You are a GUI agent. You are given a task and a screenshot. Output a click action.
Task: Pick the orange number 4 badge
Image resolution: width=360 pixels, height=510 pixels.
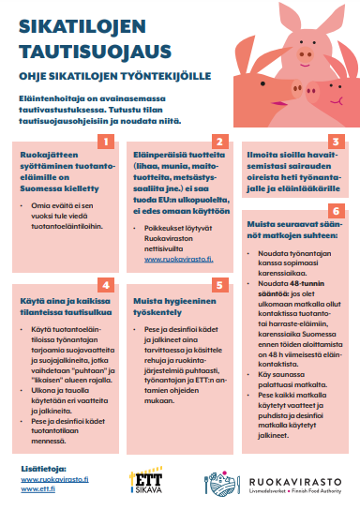tap(107, 284)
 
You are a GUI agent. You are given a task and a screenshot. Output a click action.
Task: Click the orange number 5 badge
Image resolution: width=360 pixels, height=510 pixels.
tap(219, 284)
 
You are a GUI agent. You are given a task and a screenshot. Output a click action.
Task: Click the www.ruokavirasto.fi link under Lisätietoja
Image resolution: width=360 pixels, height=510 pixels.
tap(53, 477)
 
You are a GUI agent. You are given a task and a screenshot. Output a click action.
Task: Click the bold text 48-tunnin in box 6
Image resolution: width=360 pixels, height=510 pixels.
tap(289, 281)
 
